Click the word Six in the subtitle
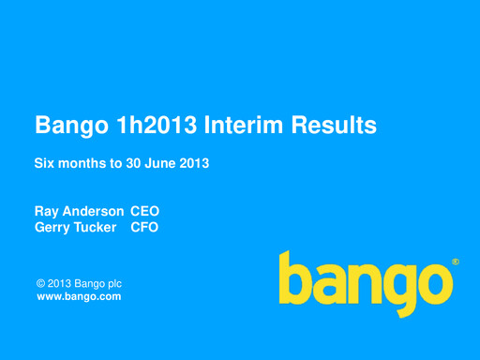coord(45,163)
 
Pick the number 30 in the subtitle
coord(135,163)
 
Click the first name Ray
coord(46,212)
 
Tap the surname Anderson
coord(92,212)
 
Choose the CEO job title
coord(144,212)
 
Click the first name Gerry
coord(52,227)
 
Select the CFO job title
coord(144,227)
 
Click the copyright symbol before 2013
coord(40,283)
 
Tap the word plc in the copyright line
coord(113,283)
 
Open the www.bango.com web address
coord(78,296)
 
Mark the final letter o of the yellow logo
coord(430,282)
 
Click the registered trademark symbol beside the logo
coord(456,262)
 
